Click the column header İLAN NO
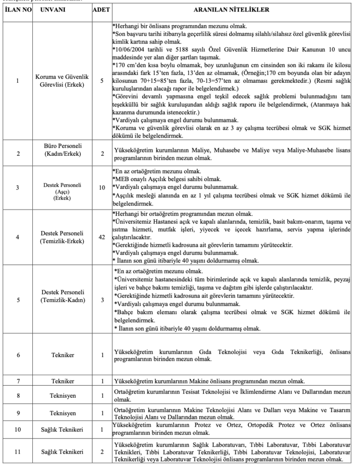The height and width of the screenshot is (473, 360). [x=18, y=9]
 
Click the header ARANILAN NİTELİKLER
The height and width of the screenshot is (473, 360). [x=229, y=9]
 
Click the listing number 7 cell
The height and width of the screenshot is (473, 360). [x=18, y=382]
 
